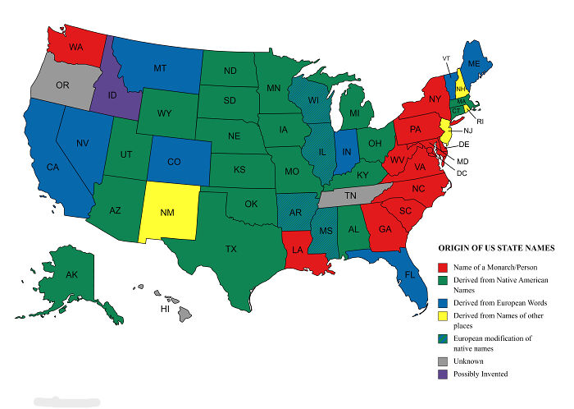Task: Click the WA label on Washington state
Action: (x=75, y=48)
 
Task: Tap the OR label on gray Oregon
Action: (x=62, y=85)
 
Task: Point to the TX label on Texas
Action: (x=231, y=248)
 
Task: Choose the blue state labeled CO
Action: (x=174, y=162)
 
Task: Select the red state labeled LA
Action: (x=296, y=250)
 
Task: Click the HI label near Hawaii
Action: (x=165, y=310)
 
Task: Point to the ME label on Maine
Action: (x=474, y=63)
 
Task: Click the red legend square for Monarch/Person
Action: (x=443, y=266)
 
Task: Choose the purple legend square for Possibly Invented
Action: (x=443, y=375)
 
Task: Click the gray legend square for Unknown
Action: (x=443, y=360)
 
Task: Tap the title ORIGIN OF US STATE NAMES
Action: (x=495, y=247)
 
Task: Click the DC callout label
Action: (x=462, y=172)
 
